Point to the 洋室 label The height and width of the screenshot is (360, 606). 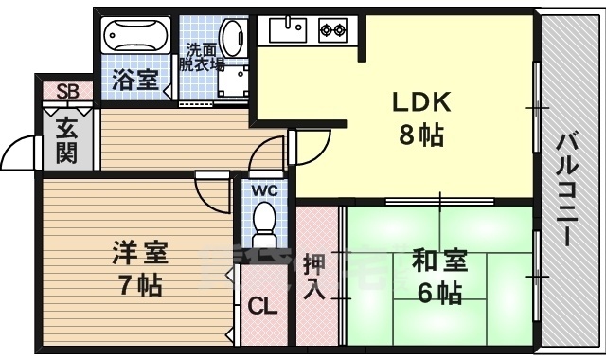(139, 253)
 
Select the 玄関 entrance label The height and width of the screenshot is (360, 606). (65, 140)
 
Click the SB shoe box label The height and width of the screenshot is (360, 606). (66, 92)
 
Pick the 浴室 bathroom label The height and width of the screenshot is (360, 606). (136, 80)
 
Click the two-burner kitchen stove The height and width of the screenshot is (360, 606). (333, 31)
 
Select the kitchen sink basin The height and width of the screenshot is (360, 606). (284, 31)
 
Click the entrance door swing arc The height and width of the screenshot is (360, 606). (21, 150)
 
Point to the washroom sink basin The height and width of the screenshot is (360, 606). (230, 34)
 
